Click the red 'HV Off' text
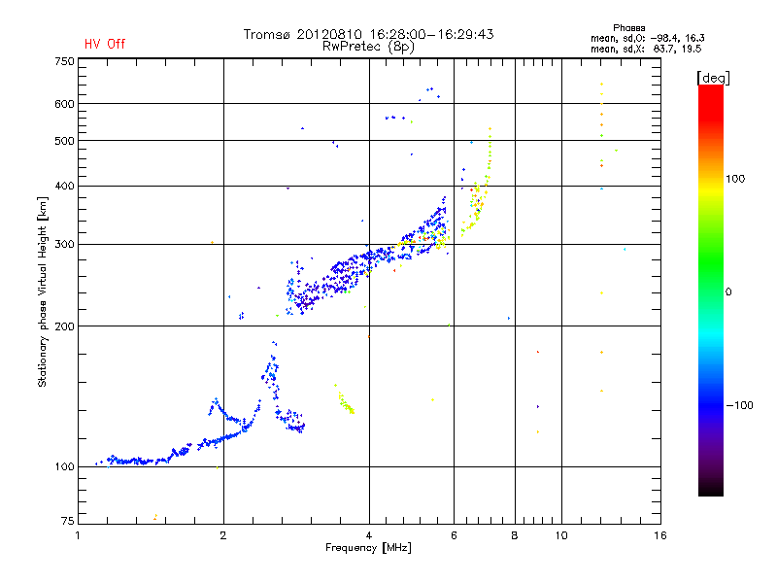[104, 44]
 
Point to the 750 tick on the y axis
[65, 61]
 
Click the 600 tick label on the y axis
[65, 104]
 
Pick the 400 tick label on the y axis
[65, 186]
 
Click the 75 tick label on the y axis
[68, 523]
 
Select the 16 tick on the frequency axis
[660, 535]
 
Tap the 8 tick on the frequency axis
[515, 535]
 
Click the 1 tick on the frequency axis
[78, 535]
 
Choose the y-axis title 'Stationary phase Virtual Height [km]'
[43, 292]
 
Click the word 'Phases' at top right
[629, 27]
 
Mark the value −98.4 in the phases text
[663, 37]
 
